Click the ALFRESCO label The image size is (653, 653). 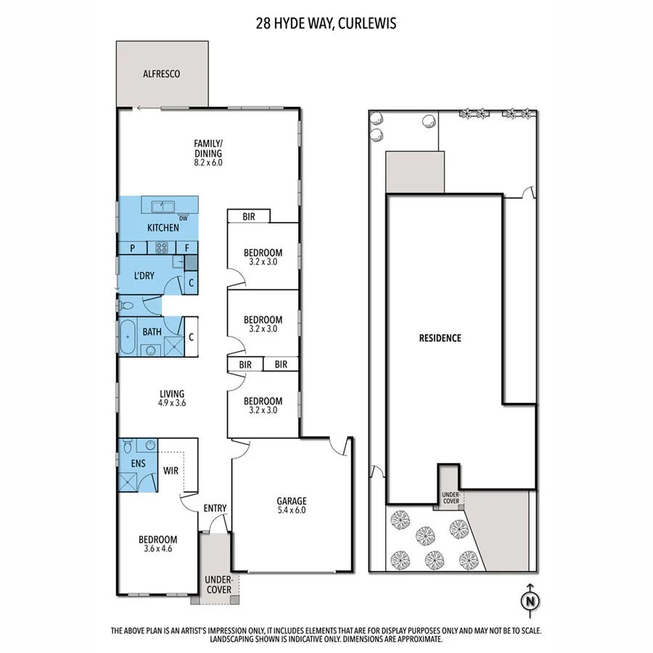[161, 74]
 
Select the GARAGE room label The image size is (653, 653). [291, 501]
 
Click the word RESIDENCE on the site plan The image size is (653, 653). [440, 338]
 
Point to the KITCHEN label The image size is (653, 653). [163, 228]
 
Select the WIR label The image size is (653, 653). [171, 471]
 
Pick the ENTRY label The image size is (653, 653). [215, 508]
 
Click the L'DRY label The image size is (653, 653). [145, 276]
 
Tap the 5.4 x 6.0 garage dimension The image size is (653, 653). [291, 511]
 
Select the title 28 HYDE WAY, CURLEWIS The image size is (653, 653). [326, 22]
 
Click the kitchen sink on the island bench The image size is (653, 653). [161, 205]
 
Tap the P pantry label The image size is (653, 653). [133, 248]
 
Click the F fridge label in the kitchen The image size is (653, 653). [186, 248]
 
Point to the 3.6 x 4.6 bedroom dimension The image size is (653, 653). [157, 549]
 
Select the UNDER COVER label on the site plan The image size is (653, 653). [450, 498]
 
